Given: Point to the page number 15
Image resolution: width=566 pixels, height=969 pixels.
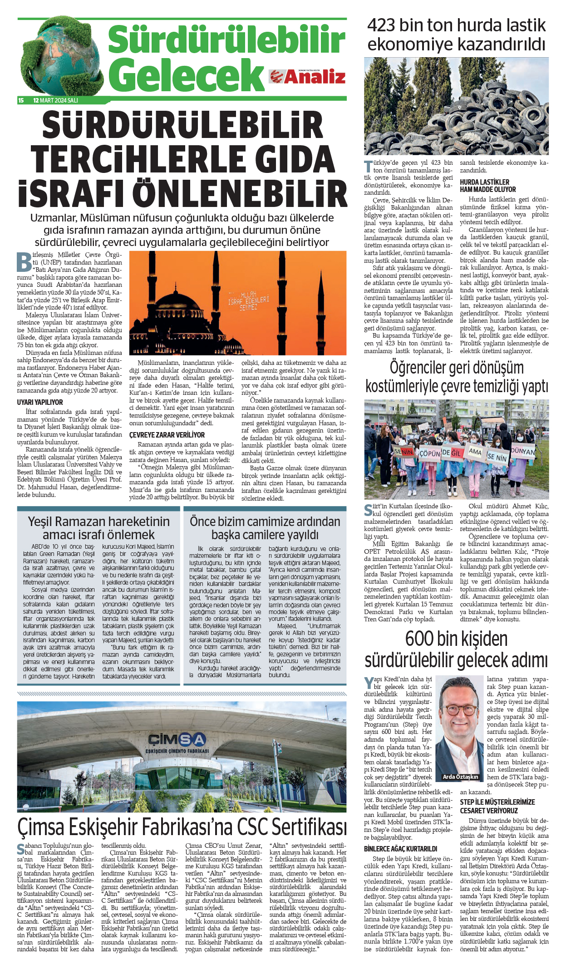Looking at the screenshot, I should [21, 100].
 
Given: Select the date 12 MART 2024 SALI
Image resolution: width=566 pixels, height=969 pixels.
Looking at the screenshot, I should [55, 100].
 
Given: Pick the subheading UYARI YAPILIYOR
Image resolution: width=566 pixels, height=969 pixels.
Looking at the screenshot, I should [40, 402].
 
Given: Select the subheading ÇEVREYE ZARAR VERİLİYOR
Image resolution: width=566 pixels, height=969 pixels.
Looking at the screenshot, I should [167, 435].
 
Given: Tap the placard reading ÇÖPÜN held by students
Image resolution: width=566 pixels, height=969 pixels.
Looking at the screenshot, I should [429, 453].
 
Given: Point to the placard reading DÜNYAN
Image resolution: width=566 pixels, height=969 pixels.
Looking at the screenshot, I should [523, 452].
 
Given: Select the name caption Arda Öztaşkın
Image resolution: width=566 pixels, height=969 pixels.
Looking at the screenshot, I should [460, 777].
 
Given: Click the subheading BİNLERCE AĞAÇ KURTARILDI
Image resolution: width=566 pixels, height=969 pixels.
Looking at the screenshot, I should [400, 849].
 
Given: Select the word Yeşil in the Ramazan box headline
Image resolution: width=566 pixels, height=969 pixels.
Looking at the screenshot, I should [41, 521].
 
